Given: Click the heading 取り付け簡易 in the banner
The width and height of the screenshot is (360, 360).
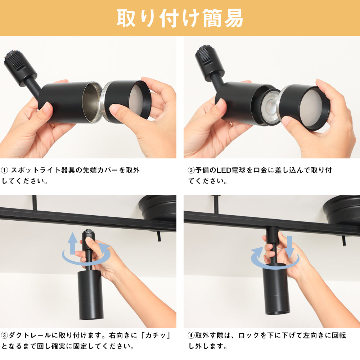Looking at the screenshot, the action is (180, 18).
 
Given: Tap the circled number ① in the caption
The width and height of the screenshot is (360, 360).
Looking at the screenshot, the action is (4, 170).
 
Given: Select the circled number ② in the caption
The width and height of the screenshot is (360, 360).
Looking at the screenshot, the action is (191, 170).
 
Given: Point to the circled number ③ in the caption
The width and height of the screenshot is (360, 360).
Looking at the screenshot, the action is (4, 336).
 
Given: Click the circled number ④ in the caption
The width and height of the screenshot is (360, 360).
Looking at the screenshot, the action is (191, 336).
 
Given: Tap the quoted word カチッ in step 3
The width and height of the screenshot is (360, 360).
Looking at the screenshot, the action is (156, 336).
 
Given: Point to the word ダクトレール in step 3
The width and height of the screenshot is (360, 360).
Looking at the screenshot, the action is (30, 336).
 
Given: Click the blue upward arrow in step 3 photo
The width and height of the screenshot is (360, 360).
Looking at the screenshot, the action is (73, 243).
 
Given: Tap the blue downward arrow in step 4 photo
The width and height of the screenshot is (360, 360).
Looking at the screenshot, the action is (289, 247).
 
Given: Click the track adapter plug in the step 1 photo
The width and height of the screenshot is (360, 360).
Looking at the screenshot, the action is (20, 66).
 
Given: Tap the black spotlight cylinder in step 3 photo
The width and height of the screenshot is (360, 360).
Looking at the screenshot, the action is (87, 295).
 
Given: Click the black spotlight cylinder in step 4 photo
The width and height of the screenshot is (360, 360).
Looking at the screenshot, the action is (276, 289).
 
